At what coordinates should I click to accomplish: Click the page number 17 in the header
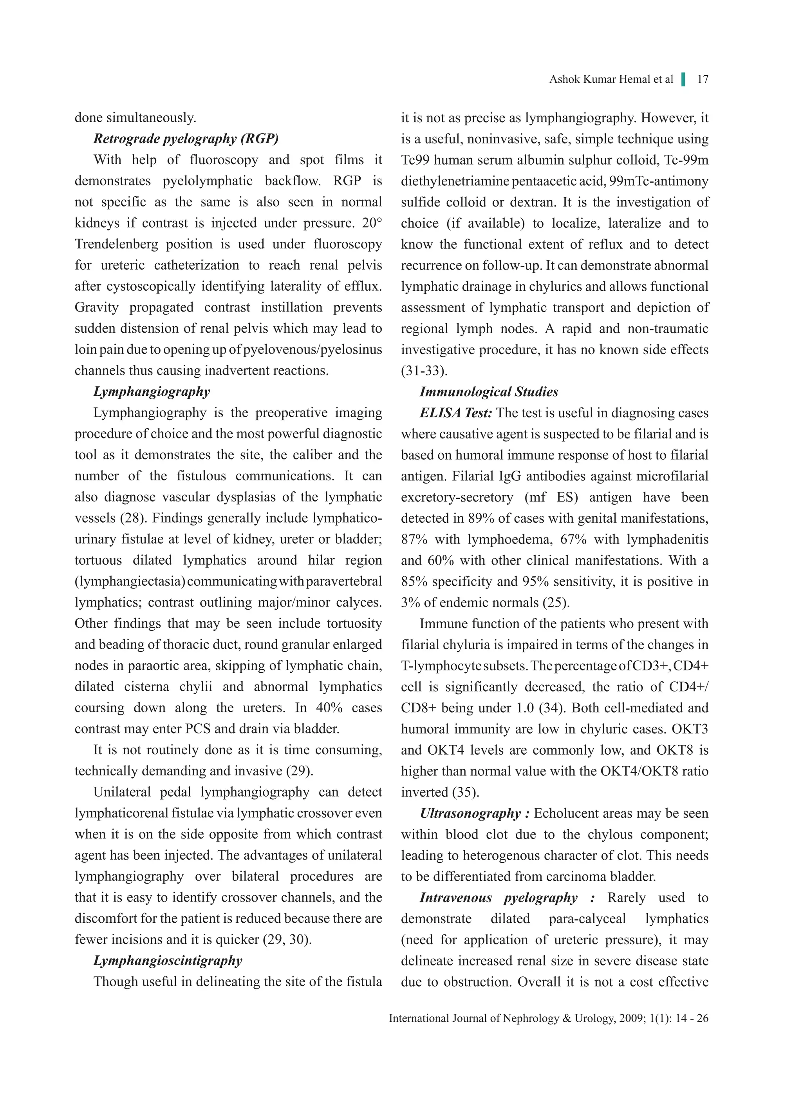pos(703,79)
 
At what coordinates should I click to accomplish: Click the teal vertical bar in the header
pos(684,79)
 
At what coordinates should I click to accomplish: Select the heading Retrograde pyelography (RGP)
pos(186,139)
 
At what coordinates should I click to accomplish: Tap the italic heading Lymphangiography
pos(152,391)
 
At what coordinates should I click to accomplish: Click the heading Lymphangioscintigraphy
pos(168,960)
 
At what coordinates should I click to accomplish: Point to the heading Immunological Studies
pos(488,391)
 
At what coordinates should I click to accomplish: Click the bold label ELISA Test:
pos(456,413)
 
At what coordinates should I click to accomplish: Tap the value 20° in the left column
pos(372,223)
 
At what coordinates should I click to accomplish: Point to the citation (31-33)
pos(424,371)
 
